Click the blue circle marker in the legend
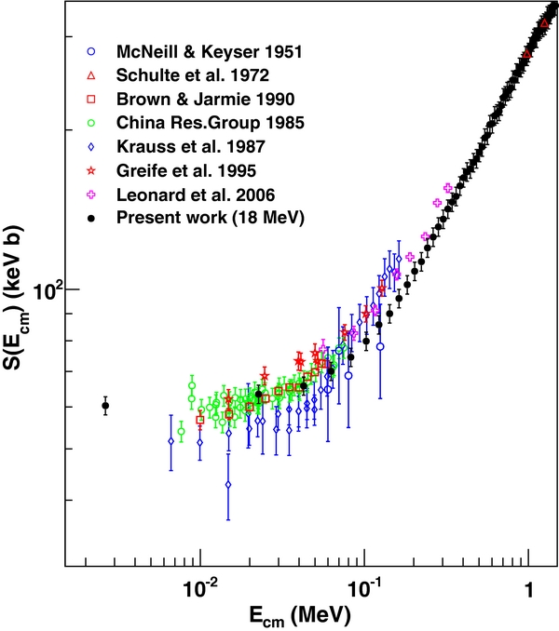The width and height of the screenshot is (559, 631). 90,50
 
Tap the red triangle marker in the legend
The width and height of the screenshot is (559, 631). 90,74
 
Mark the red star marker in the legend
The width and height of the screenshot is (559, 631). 90,170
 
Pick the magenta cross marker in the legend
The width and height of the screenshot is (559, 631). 90,195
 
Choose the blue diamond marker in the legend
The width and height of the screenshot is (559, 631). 90,146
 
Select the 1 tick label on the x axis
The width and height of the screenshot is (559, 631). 529,588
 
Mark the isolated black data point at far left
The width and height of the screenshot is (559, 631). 105,405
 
